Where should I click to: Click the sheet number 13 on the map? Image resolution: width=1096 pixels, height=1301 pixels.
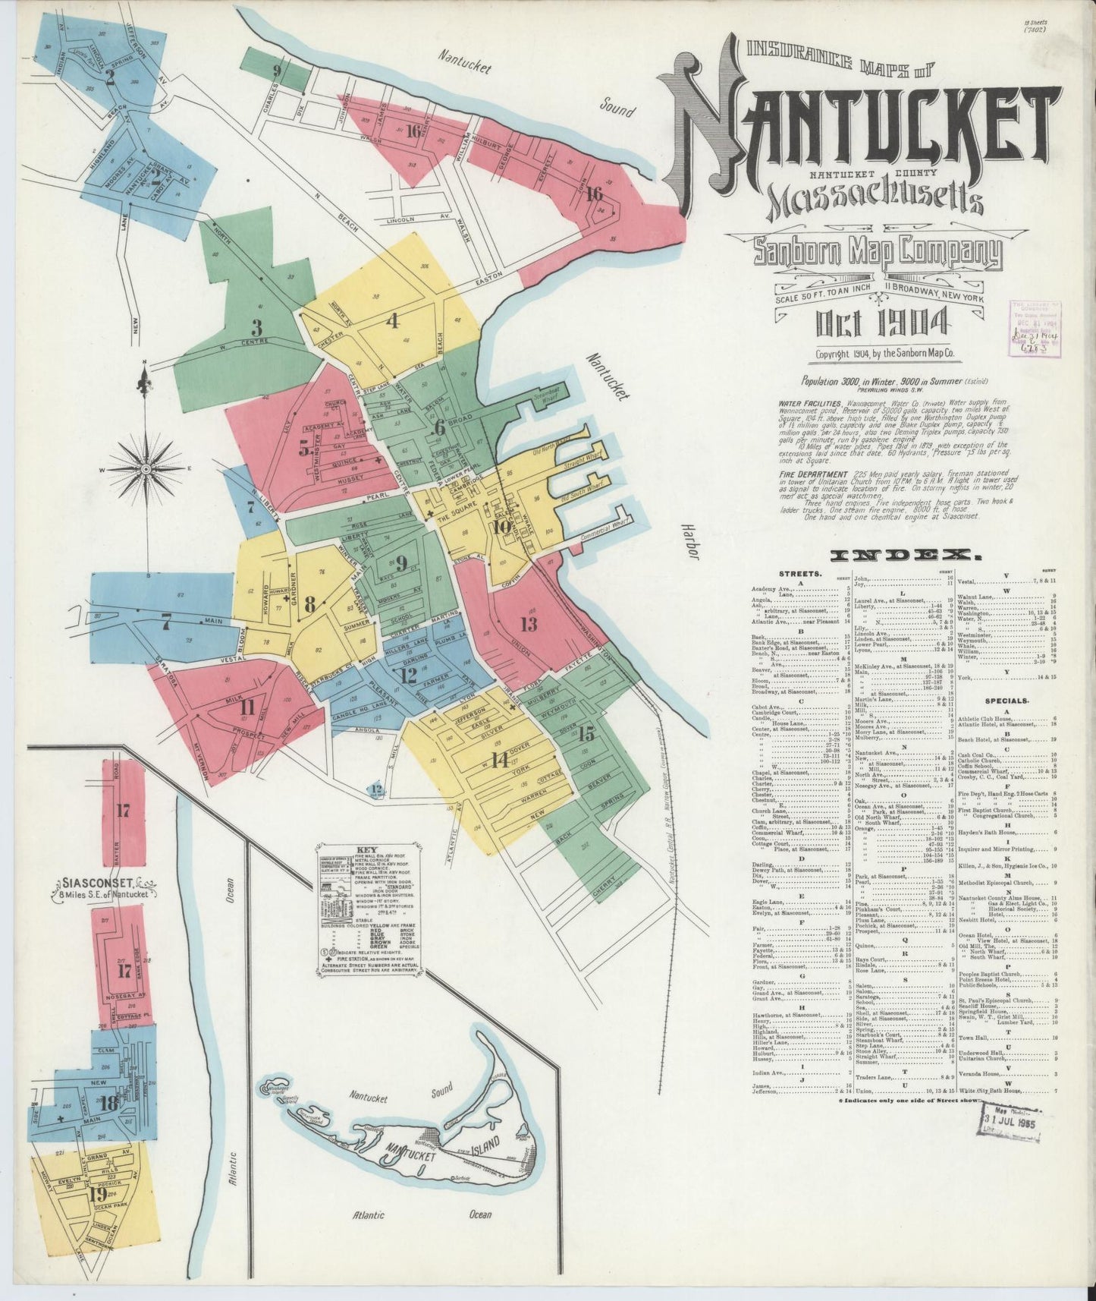pyautogui.click(x=529, y=624)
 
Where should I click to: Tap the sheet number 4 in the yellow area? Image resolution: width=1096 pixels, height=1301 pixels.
pyautogui.click(x=392, y=321)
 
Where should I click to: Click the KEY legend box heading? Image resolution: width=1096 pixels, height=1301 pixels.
pyautogui.click(x=367, y=851)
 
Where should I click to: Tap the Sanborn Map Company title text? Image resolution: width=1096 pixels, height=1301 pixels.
pyautogui.click(x=877, y=254)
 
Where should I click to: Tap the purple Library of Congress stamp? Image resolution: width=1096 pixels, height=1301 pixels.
pyautogui.click(x=1036, y=329)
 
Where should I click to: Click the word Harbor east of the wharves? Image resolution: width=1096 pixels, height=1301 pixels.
pyautogui.click(x=689, y=542)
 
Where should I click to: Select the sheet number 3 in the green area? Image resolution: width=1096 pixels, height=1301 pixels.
pyautogui.click(x=257, y=329)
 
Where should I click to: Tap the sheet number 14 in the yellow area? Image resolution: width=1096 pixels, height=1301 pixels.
pyautogui.click(x=498, y=760)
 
